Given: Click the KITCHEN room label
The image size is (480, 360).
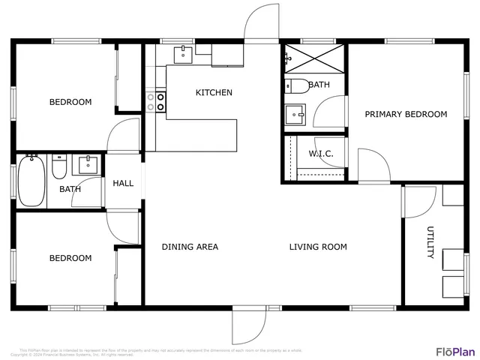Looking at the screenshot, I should pyautogui.click(x=214, y=93).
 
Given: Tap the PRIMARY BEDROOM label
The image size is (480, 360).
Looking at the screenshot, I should pyautogui.click(x=406, y=115).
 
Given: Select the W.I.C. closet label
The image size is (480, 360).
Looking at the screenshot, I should pyautogui.click(x=321, y=154).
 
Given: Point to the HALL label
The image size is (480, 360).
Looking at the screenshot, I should pyautogui.click(x=123, y=183).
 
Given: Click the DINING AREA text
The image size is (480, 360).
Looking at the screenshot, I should pyautogui.click(x=190, y=247).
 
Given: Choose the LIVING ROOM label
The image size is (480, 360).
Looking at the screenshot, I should pyautogui.click(x=318, y=247).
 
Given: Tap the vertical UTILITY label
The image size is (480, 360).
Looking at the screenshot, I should pyautogui.click(x=430, y=242).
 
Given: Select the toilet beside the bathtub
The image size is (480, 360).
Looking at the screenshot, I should pyautogui.click(x=60, y=166).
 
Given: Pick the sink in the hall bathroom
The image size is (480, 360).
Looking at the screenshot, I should pyautogui.click(x=88, y=164).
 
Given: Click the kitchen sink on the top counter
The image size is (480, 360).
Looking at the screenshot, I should pyautogui.click(x=184, y=54).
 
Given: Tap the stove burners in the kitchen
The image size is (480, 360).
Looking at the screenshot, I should pyautogui.click(x=155, y=102).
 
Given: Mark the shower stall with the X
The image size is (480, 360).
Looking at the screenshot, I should pyautogui.click(x=313, y=58).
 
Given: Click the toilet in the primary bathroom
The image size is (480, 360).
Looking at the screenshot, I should pyautogui.click(x=295, y=85).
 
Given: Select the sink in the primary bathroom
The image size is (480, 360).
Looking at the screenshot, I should pyautogui.click(x=294, y=115).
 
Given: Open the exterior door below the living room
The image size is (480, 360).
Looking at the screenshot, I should pyautogui.click(x=249, y=324).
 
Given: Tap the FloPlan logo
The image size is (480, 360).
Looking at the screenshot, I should pyautogui.click(x=455, y=351).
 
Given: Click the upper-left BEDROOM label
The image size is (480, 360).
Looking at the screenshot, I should pyautogui.click(x=70, y=102).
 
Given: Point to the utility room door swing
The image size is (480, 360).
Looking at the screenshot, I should pyautogui.click(x=420, y=201).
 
